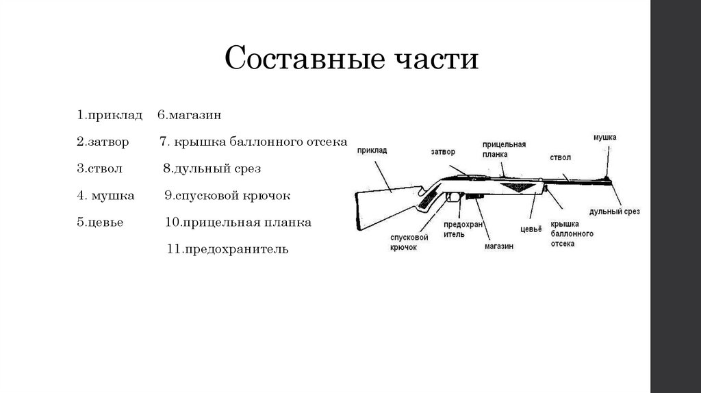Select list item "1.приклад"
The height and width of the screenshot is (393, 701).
click(110, 115)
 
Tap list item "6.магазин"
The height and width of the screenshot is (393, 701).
click(189, 115)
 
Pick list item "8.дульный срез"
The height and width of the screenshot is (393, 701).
click(212, 168)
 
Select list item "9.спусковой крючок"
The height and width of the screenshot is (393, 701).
click(228, 196)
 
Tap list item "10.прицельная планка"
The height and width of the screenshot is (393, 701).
click(238, 223)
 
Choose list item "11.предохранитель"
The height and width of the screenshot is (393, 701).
click(228, 249)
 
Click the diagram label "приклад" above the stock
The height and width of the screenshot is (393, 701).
click(372, 149)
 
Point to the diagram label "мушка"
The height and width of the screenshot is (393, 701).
click(604, 138)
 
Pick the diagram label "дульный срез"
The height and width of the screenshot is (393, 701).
click(614, 212)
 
